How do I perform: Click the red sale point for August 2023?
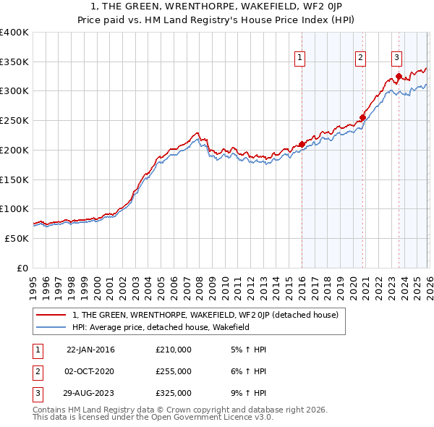click(399, 76)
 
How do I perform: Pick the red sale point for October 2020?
click(362, 117)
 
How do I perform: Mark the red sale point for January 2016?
click(302, 144)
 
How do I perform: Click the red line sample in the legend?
click(51, 316)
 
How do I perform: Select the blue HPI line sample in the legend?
click(51, 328)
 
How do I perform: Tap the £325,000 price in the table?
click(174, 393)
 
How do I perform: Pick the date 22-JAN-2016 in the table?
click(90, 350)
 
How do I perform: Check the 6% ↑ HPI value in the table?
click(247, 371)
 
